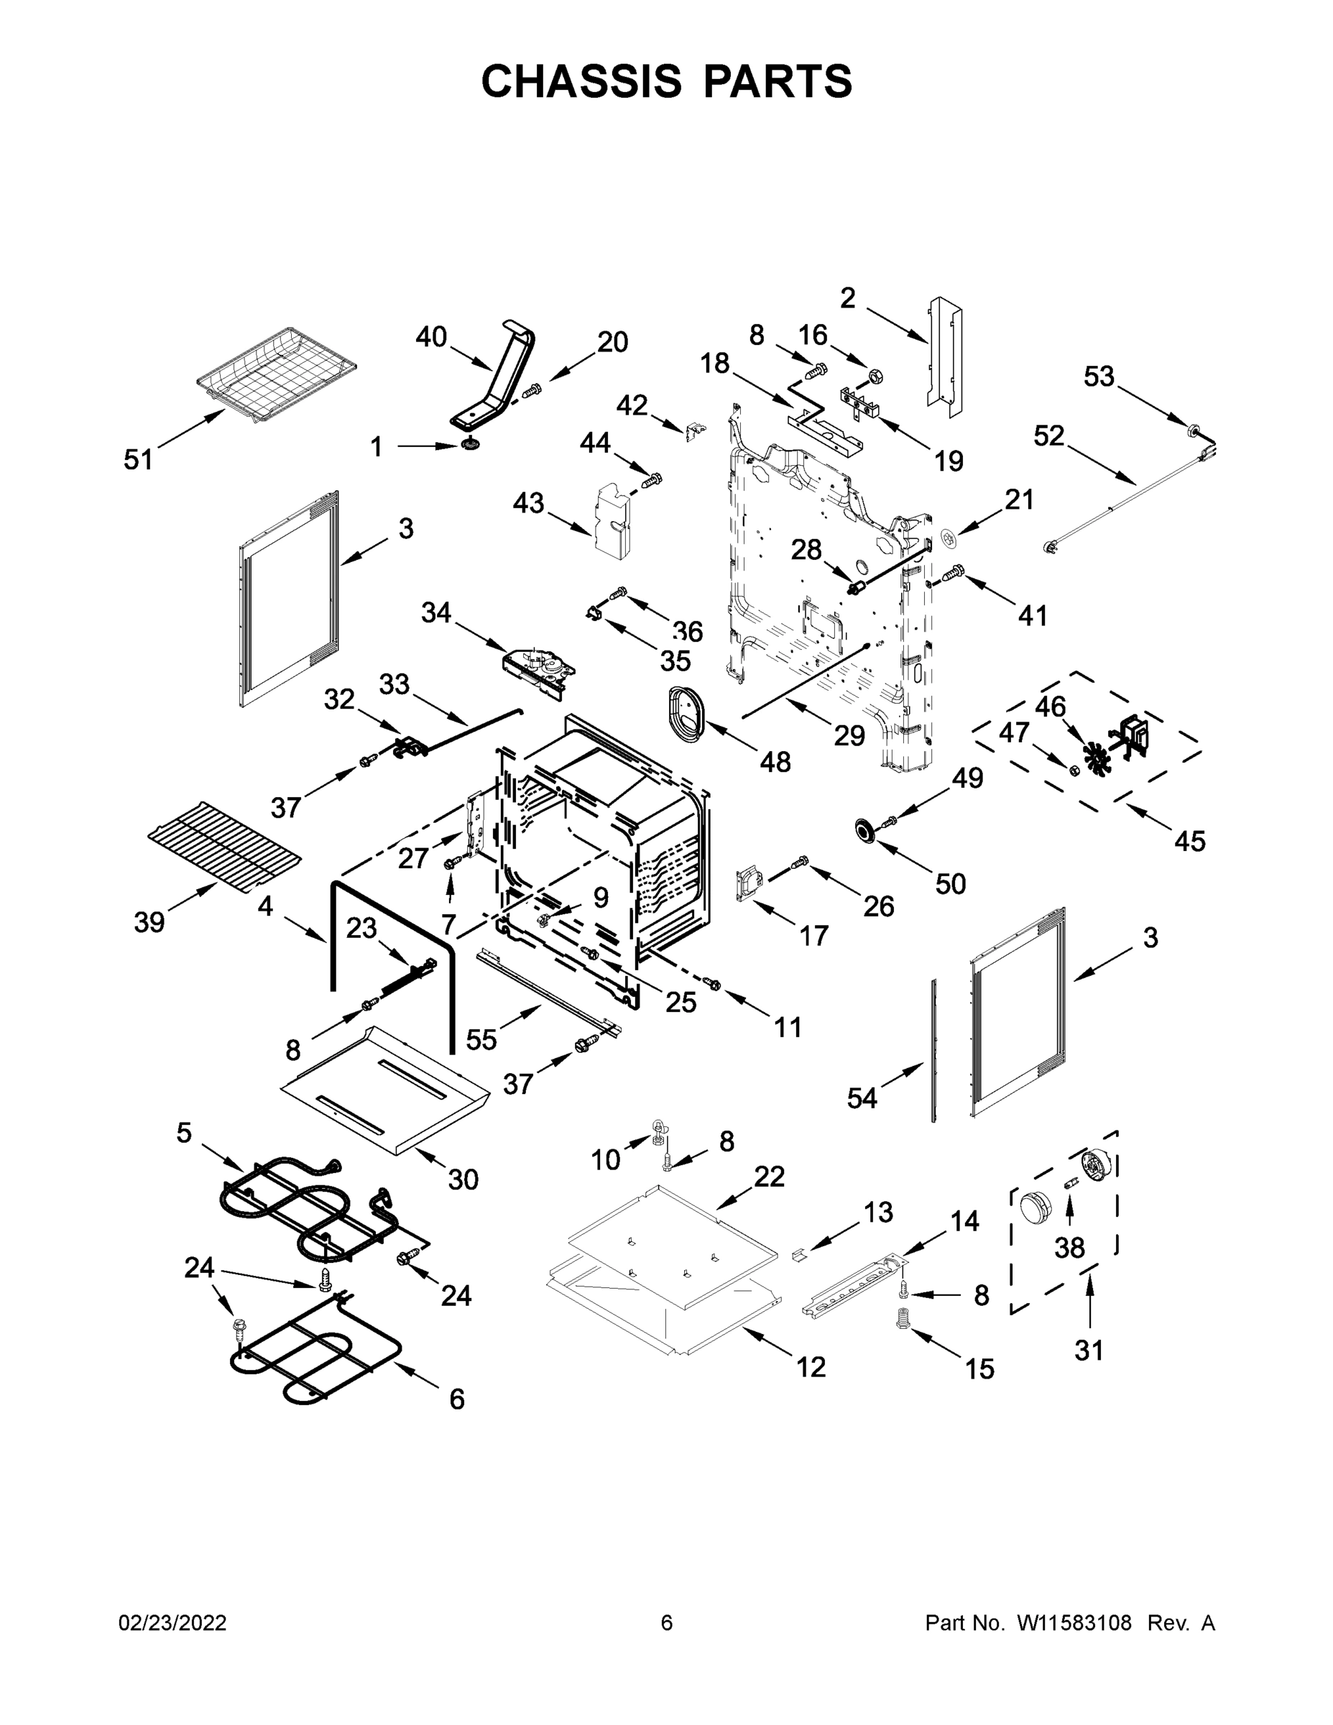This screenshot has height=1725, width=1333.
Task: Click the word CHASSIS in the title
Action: (581, 81)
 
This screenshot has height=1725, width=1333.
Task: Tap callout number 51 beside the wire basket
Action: (138, 459)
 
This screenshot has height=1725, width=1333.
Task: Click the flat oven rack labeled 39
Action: (224, 845)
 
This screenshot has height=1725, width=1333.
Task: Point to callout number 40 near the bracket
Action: (431, 337)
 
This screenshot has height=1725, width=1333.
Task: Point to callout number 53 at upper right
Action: (1099, 377)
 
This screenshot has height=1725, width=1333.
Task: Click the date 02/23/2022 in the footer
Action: (172, 1623)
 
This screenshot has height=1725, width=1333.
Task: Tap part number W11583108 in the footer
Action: (1074, 1623)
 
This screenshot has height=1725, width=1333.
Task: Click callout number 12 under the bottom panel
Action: (811, 1366)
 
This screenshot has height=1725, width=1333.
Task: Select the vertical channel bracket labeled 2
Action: (944, 356)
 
